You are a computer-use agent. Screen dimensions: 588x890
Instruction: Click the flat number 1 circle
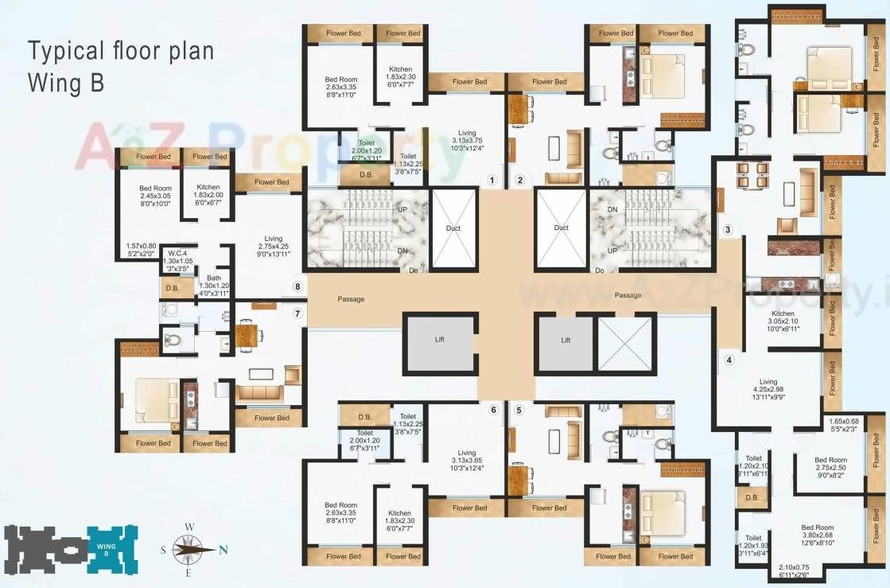coord(492,180)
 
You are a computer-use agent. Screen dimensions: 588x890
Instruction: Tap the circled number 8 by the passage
coord(297,286)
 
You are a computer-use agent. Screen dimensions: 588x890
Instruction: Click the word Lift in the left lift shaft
coord(440,340)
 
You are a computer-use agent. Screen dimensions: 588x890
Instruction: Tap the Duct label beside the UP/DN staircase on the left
coord(453,228)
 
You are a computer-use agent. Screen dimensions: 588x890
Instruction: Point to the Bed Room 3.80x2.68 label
coord(817,535)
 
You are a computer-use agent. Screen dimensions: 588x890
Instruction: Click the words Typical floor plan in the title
coord(121,52)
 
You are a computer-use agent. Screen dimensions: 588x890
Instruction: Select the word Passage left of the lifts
coord(351,299)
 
